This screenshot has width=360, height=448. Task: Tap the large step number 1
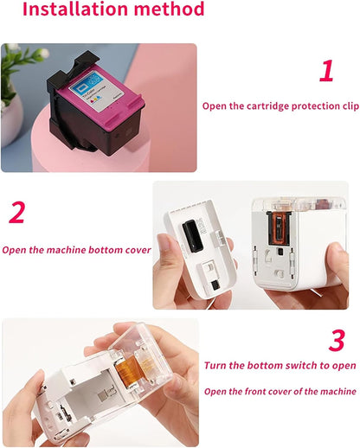pyautogui.click(x=326, y=71)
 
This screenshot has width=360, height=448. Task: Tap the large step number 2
pyautogui.click(x=16, y=212)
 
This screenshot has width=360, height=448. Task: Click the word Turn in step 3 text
pyautogui.click(x=216, y=366)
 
